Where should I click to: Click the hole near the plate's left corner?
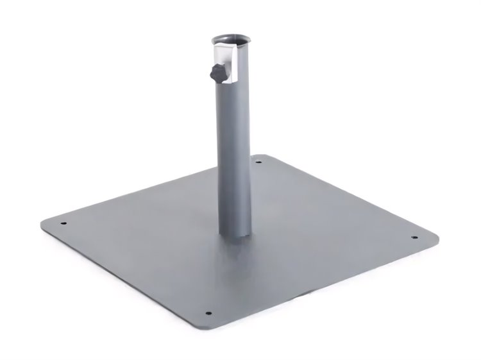coord(63,224)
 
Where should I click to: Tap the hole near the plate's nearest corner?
coord(208,314)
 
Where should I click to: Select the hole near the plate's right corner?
coord(414,237)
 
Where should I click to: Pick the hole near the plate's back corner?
coord(258,162)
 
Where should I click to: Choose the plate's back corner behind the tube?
coord(259,155)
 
